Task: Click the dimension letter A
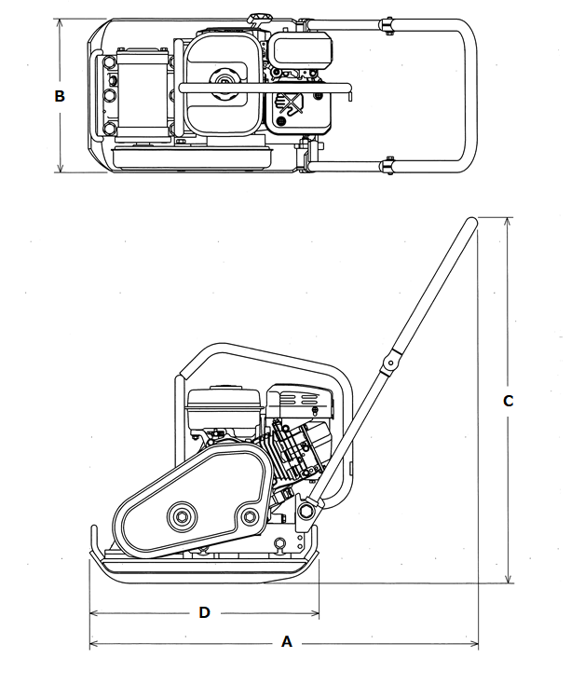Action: [x=286, y=642]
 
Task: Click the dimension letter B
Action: [x=60, y=96]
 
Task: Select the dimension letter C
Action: [x=509, y=401]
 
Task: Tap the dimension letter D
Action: [x=204, y=612]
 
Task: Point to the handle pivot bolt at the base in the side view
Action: [x=306, y=511]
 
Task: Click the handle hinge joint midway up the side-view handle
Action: [x=390, y=363]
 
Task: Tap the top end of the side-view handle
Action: [x=472, y=223]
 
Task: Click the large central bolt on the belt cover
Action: [x=182, y=517]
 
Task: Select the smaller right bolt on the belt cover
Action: [x=251, y=516]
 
